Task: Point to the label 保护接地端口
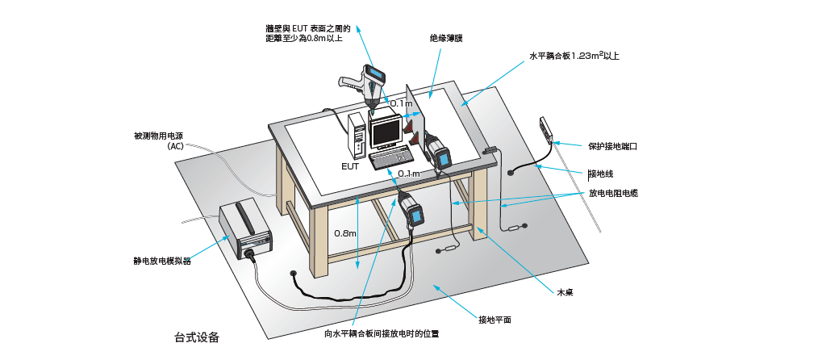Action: [613, 147]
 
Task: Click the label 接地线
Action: [600, 174]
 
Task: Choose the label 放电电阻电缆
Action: [613, 194]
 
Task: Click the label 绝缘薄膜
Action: [445, 37]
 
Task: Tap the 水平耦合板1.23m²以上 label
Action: [574, 57]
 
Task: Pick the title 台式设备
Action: [197, 337]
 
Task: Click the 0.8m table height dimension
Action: [345, 233]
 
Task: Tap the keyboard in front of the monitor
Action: [393, 158]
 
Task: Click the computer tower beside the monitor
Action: [357, 137]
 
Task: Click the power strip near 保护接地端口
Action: [547, 129]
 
